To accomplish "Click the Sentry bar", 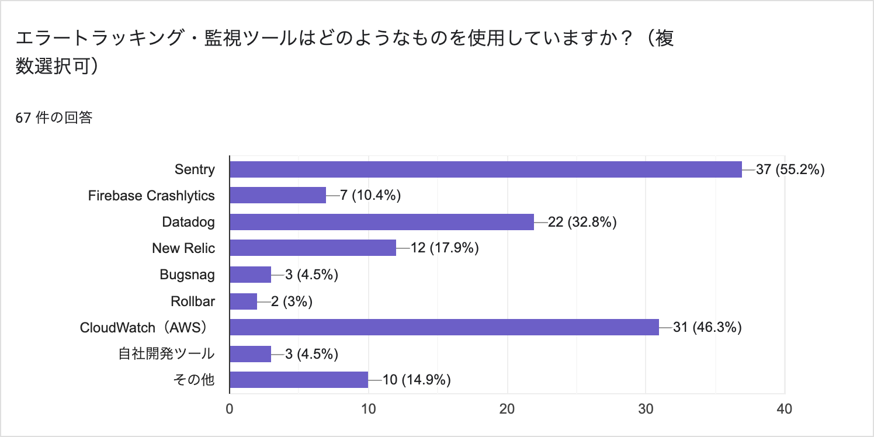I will [485, 169].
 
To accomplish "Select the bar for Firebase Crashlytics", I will [278, 196].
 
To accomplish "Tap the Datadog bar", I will [381, 222].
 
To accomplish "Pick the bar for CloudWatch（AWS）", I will [444, 327].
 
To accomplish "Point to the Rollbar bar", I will [243, 301].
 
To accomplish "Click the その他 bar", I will [299, 380].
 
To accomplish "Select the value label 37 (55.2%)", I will [790, 169].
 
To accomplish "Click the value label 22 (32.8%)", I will [582, 222].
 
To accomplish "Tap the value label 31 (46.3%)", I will [707, 327].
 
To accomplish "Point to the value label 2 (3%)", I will [292, 301].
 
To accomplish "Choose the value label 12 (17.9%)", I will [445, 248].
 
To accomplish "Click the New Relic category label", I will [183, 248].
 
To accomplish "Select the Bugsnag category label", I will [187, 275].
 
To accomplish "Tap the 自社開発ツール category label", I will [166, 353].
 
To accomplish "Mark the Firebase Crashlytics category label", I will [151, 196].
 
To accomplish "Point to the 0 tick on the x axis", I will [230, 409].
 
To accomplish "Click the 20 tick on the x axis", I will [507, 409].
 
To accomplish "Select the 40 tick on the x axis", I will [785, 409].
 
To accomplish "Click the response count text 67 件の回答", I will [54, 118].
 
